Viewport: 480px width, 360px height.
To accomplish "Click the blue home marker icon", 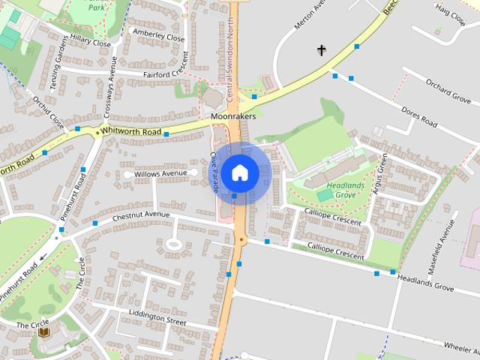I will [x=240, y=172].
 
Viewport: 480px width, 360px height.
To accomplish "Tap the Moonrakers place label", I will [x=233, y=117].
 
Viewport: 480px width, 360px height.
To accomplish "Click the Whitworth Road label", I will [x=131, y=131].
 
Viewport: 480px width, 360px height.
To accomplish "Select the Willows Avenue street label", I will [x=160, y=173].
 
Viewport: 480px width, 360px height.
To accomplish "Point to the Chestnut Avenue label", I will [x=142, y=215].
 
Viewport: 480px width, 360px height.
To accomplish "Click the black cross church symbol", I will [x=322, y=51].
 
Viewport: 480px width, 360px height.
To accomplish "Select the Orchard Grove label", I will [x=448, y=91].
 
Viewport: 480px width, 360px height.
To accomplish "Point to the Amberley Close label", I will [x=158, y=34].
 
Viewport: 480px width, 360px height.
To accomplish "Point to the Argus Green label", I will [x=379, y=175].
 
